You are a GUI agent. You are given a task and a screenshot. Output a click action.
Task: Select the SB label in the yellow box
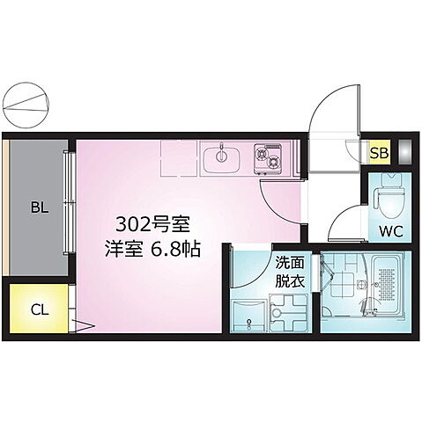pyautogui.click(x=378, y=153)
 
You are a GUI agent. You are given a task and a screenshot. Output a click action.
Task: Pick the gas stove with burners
pyautogui.click(x=268, y=159)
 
